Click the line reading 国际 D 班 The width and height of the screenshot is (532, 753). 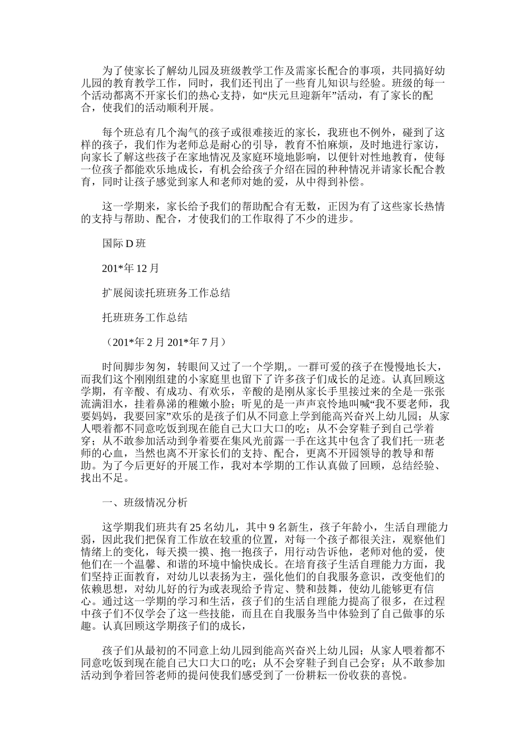click(124, 244)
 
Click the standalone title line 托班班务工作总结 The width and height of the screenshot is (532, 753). click(144, 318)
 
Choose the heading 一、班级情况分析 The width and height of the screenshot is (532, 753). click(144, 503)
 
